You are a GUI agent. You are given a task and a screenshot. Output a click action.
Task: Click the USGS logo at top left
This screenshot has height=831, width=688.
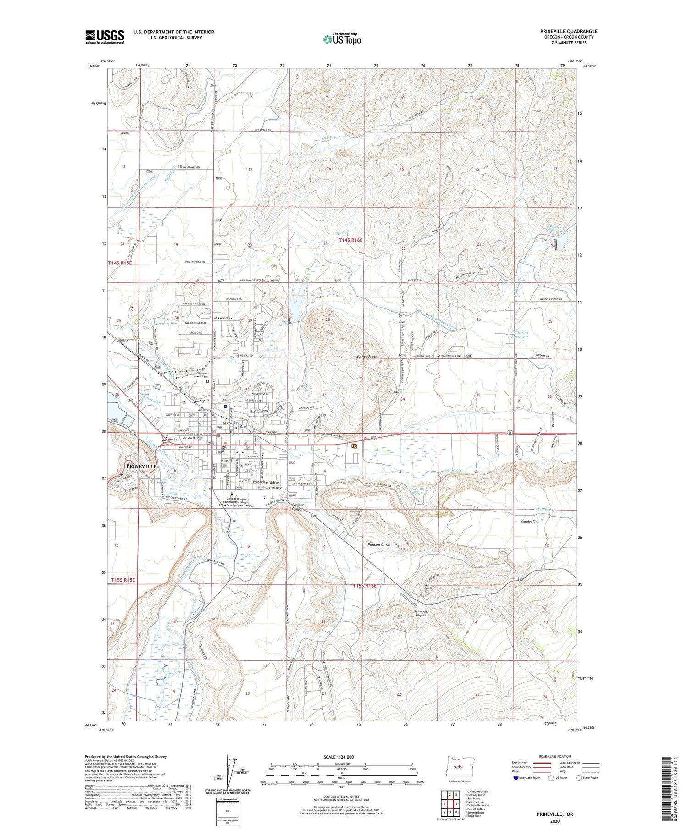(x=105, y=37)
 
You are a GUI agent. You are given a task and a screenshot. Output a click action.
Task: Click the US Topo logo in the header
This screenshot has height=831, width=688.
(x=342, y=39)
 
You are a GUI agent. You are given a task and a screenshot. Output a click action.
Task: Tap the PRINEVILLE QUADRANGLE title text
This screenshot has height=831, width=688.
(x=569, y=31)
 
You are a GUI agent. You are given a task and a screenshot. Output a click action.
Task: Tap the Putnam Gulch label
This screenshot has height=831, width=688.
(x=379, y=545)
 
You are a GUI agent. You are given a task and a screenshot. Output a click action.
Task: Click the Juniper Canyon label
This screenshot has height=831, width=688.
(x=301, y=507)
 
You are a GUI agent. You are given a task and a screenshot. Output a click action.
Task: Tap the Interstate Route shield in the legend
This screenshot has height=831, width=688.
(x=516, y=778)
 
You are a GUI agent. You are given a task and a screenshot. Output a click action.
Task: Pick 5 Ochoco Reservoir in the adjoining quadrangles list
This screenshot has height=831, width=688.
(x=477, y=805)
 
